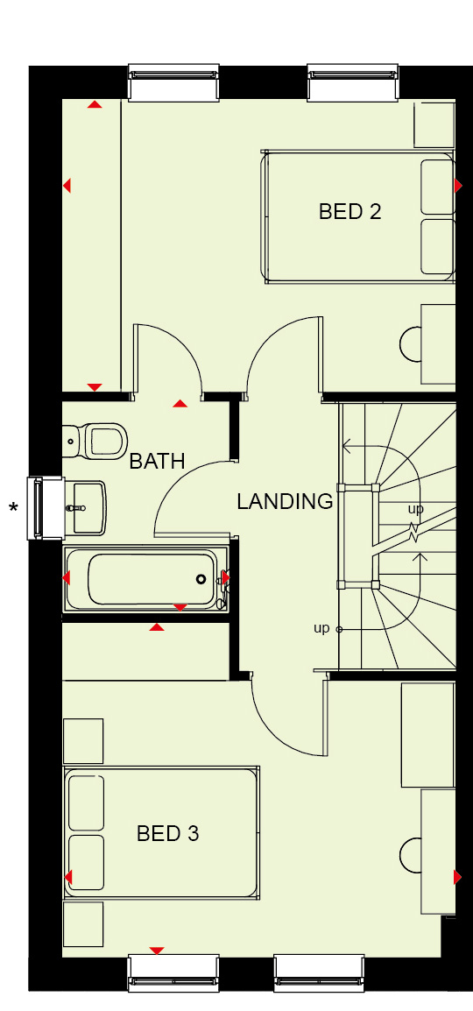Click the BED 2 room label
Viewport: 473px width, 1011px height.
[349, 211]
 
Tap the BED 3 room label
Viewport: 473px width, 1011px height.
[167, 834]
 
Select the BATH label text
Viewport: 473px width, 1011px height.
[158, 461]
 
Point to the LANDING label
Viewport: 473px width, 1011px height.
[285, 501]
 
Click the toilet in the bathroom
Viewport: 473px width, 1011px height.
[95, 441]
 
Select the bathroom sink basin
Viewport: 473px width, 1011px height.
[86, 507]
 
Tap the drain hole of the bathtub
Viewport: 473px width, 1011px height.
[201, 579]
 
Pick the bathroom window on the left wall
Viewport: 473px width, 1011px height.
[45, 508]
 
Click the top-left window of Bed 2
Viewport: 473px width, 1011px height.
[174, 81]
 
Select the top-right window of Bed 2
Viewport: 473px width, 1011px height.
[353, 81]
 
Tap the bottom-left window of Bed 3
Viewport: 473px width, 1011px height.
[174, 973]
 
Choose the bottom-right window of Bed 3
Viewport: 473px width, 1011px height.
[320, 973]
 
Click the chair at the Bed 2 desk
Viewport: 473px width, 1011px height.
[411, 343]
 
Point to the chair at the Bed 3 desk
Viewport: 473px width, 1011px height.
[411, 856]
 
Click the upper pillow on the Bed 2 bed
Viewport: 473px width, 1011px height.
[438, 187]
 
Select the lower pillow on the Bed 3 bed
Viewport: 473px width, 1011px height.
[86, 862]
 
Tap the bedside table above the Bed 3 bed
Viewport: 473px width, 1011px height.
[83, 741]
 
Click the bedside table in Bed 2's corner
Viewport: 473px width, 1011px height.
[434, 124]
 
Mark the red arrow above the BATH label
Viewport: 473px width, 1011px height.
[180, 404]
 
